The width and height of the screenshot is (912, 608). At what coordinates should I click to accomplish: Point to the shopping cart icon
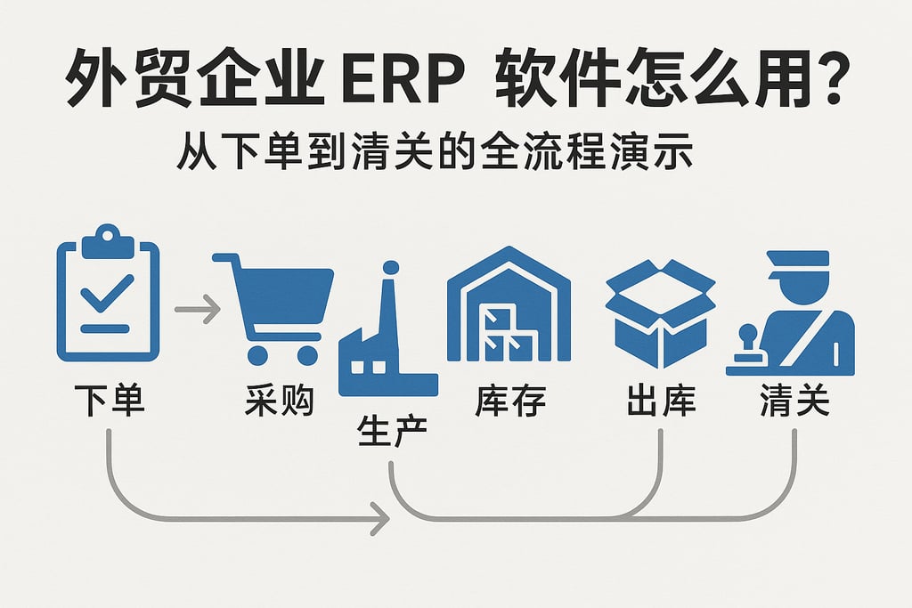(x=273, y=308)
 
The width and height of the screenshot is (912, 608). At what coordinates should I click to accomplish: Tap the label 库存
(x=509, y=401)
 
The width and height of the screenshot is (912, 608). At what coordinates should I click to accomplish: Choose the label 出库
(x=660, y=401)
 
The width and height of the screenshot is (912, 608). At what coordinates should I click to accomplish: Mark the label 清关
(x=794, y=401)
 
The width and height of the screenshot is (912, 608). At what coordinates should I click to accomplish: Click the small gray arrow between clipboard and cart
(x=197, y=311)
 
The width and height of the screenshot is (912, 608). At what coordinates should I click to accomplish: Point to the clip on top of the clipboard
(x=107, y=235)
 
